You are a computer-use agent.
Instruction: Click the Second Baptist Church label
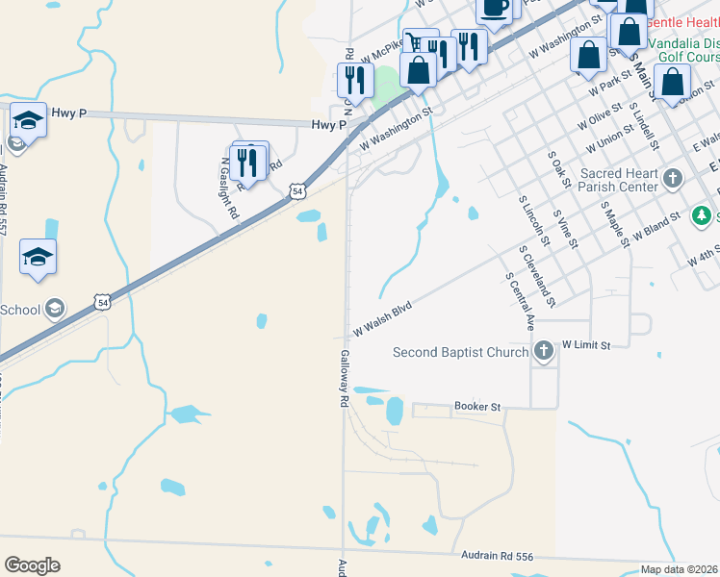coord(460,352)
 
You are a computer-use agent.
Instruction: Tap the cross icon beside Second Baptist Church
coord(544,351)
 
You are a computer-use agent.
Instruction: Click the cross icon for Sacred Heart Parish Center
coord(673,179)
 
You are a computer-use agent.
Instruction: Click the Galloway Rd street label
coord(343,379)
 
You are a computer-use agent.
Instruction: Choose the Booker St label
coord(478,408)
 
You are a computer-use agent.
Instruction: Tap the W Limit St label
coord(587,343)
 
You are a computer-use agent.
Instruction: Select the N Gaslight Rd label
coord(228,188)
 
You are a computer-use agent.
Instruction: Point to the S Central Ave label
coord(520,302)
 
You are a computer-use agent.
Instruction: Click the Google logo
coord(32,564)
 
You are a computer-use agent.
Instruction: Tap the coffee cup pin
coord(495,10)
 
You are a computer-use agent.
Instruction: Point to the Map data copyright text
coord(680,569)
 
